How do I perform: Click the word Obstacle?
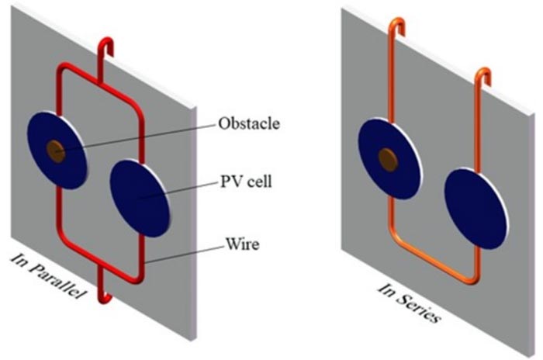(x=249, y=123)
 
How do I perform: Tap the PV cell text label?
(x=246, y=182)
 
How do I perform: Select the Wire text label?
(x=242, y=244)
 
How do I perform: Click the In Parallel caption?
(x=48, y=276)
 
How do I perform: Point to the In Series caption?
(x=410, y=303)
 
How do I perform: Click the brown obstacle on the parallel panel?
(x=56, y=151)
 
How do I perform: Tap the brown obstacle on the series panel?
(x=388, y=159)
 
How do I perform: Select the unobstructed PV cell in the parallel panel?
(x=140, y=198)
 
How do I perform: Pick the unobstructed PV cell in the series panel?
(x=476, y=209)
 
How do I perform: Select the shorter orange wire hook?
(x=483, y=75)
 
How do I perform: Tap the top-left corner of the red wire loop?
(x=62, y=67)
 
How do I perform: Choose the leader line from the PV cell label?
(x=179, y=189)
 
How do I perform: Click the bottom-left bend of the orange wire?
(x=396, y=238)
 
